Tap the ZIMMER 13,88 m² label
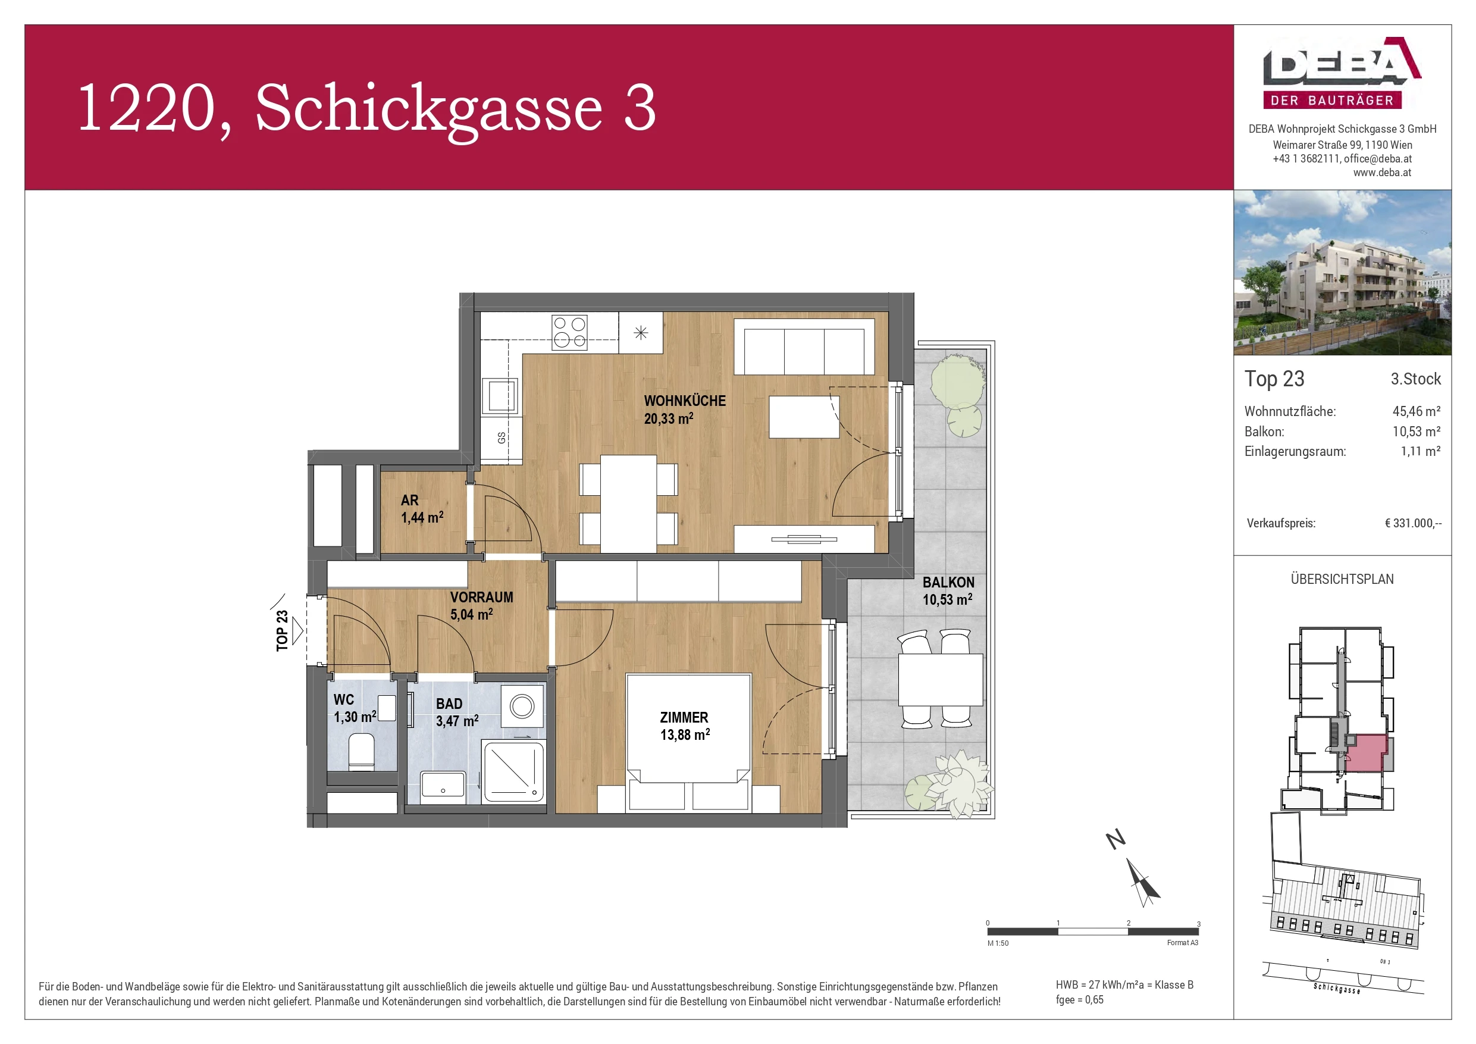[684, 726]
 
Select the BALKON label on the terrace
[948, 590]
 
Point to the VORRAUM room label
[481, 605]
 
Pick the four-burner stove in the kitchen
[569, 332]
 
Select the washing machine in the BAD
[522, 707]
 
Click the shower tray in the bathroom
[513, 771]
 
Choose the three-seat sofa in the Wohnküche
[804, 348]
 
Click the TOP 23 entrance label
[282, 630]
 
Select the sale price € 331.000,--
[1412, 523]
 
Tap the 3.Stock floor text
[1415, 379]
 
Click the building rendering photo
[1342, 272]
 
